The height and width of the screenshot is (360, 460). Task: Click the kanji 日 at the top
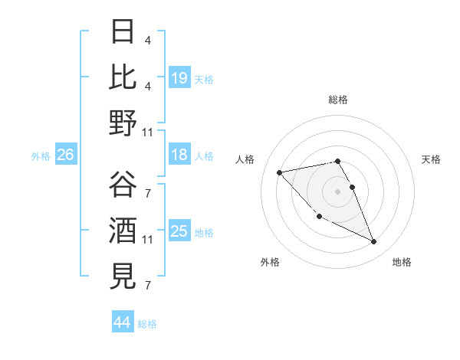(123, 32)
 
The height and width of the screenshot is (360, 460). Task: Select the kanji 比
(123, 77)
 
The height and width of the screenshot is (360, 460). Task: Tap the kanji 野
(123, 123)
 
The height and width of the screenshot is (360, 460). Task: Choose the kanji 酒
(123, 231)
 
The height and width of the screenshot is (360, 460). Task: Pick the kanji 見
(123, 276)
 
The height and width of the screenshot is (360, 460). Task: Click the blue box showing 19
(179, 77)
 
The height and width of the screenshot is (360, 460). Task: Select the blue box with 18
(179, 155)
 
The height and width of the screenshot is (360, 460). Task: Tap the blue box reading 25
(179, 231)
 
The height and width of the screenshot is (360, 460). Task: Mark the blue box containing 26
(66, 155)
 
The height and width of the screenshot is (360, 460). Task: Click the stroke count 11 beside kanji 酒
(147, 240)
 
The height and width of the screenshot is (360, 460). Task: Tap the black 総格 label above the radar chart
(338, 100)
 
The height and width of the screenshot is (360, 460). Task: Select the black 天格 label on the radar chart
(431, 159)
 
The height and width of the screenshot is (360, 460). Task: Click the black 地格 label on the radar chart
(402, 262)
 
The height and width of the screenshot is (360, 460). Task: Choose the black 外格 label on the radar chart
(270, 262)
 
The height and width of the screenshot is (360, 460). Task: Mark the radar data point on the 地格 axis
(373, 242)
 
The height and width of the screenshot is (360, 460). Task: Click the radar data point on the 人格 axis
(280, 172)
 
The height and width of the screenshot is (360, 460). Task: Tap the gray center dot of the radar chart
(338, 191)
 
